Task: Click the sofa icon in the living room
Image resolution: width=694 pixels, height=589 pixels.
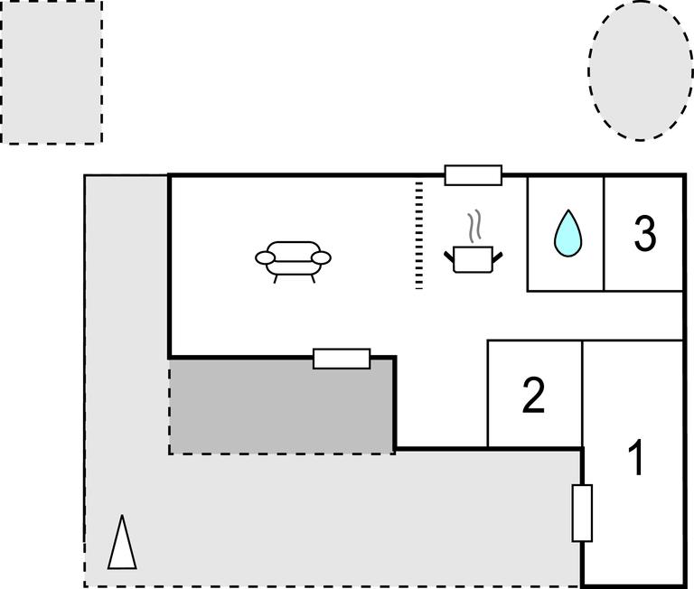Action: coord(293,260)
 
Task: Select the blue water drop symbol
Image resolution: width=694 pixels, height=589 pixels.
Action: coord(567,233)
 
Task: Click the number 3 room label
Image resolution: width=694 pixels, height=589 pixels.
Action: coord(643,233)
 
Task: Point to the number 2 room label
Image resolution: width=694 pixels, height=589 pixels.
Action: coord(534,396)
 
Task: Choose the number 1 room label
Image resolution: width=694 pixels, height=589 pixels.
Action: coord(636,458)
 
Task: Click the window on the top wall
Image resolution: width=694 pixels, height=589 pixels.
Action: coord(473,174)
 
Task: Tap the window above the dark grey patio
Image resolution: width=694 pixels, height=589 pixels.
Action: coord(342,359)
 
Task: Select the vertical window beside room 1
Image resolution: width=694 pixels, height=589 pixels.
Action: coord(582,513)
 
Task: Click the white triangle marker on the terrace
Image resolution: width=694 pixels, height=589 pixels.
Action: coord(122,543)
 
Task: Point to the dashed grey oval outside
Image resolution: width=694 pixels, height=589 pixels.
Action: coord(641,70)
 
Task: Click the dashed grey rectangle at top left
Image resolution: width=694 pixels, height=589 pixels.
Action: coord(51,71)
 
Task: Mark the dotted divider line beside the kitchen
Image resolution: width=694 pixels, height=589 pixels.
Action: coord(419,235)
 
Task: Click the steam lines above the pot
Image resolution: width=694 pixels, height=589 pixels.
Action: coord(474,226)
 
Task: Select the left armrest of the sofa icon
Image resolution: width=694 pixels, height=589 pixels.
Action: coord(265,258)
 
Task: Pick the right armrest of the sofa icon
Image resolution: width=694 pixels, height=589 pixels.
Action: coord(322,258)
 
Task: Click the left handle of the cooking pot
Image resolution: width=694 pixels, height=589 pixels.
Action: coord(449,261)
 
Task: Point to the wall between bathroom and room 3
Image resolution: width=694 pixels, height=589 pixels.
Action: coord(604,233)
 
